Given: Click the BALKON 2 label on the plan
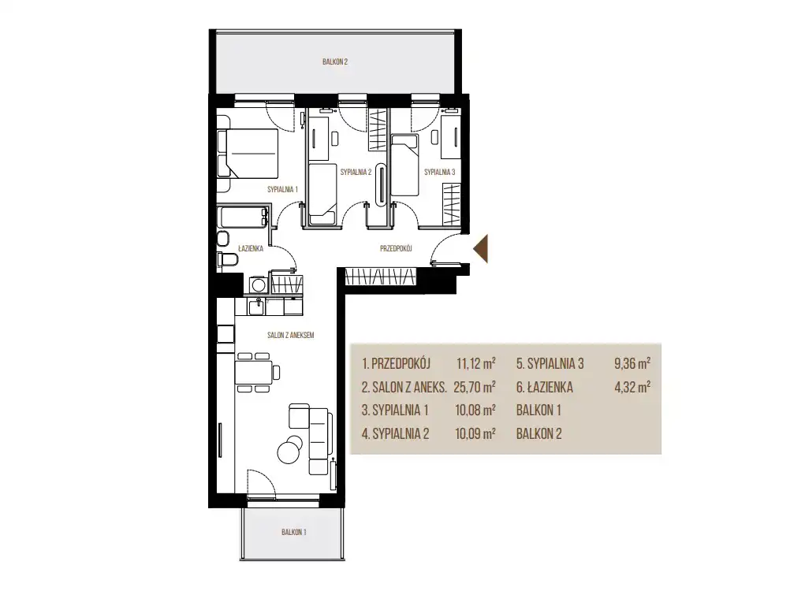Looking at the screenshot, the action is click(x=335, y=61).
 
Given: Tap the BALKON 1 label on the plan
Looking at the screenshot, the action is click(x=293, y=532).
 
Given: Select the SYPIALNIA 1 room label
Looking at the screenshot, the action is click(x=282, y=189).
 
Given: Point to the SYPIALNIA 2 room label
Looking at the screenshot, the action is click(x=356, y=172).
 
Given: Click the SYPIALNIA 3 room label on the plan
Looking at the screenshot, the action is click(x=439, y=172).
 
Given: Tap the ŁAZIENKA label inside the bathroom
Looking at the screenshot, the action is click(x=251, y=248).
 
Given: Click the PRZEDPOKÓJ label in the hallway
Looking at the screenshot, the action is click(x=396, y=248).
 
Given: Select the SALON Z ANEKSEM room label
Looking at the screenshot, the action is click(x=291, y=335).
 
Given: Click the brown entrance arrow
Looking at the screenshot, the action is click(x=481, y=248).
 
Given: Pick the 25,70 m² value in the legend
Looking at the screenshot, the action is click(x=475, y=387).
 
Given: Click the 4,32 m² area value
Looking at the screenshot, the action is click(x=632, y=387).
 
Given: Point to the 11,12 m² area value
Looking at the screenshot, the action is click(x=476, y=364).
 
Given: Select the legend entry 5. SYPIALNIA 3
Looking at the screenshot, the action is click(x=550, y=364).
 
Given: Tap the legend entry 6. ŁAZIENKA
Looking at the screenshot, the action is click(x=545, y=387).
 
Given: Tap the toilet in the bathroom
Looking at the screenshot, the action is click(x=227, y=261).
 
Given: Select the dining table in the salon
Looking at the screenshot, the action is click(x=253, y=373).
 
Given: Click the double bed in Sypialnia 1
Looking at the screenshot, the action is click(x=248, y=154).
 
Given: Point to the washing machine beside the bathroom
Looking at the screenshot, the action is click(x=258, y=284).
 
